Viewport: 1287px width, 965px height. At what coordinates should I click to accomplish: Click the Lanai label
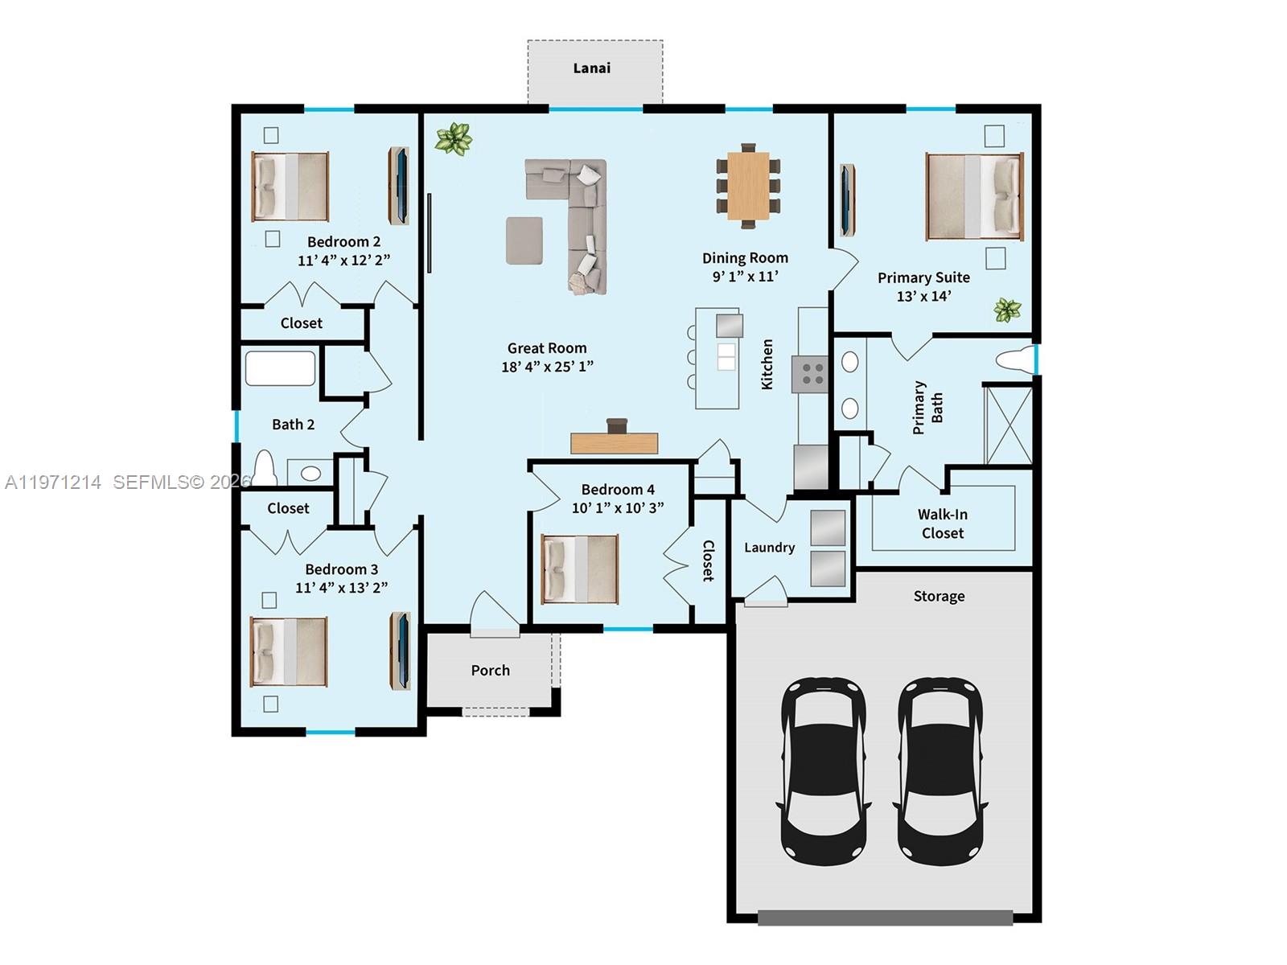click(x=591, y=68)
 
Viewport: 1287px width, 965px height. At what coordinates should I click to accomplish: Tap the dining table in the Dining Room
click(x=748, y=186)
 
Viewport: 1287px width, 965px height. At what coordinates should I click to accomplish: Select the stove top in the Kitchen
click(x=811, y=375)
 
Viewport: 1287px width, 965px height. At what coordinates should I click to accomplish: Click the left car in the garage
click(x=823, y=770)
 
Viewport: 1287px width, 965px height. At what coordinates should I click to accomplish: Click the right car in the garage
click(x=939, y=770)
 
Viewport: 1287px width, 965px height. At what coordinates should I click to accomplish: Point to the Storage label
click(x=939, y=596)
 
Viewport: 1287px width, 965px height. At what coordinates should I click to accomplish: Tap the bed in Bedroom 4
click(x=579, y=569)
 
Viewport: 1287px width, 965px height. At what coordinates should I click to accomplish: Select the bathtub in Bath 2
click(x=280, y=368)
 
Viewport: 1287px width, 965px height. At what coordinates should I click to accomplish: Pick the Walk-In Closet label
click(x=943, y=524)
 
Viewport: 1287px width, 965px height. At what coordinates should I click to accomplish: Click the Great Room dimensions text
click(x=547, y=367)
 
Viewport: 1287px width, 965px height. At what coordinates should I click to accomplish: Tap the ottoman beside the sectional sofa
click(x=524, y=240)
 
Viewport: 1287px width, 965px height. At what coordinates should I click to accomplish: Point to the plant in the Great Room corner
click(x=454, y=138)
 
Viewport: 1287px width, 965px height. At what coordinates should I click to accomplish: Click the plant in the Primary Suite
click(x=1007, y=310)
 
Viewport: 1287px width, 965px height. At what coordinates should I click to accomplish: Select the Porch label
click(x=490, y=670)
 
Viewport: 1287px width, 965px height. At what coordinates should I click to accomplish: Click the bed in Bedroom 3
click(x=289, y=651)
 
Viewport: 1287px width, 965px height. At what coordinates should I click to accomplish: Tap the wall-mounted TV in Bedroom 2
click(x=400, y=186)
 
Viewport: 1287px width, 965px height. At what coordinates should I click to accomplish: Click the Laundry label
click(x=769, y=548)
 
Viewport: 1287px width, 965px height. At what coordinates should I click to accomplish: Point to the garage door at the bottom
click(x=885, y=918)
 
